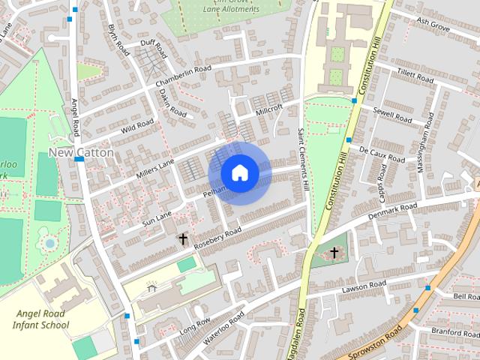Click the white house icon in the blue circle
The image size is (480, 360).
239,172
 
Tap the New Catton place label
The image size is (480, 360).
81,152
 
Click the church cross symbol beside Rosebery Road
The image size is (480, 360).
182,239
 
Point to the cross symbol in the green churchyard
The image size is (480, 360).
334,253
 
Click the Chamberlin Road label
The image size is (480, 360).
184,74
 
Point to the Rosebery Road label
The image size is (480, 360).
217,237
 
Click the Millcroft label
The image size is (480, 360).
269,109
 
